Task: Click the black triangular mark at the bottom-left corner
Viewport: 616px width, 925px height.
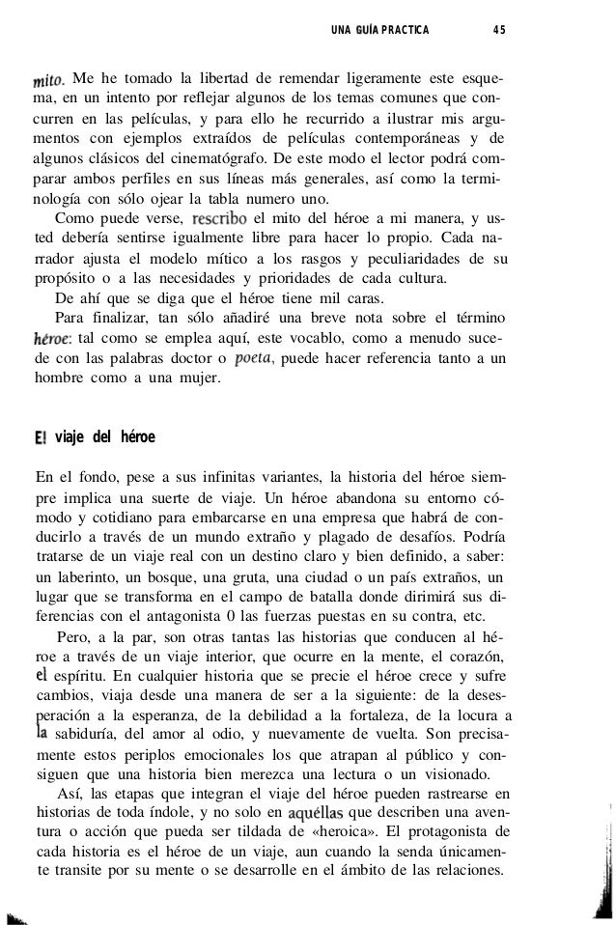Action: (x=14, y=913)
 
